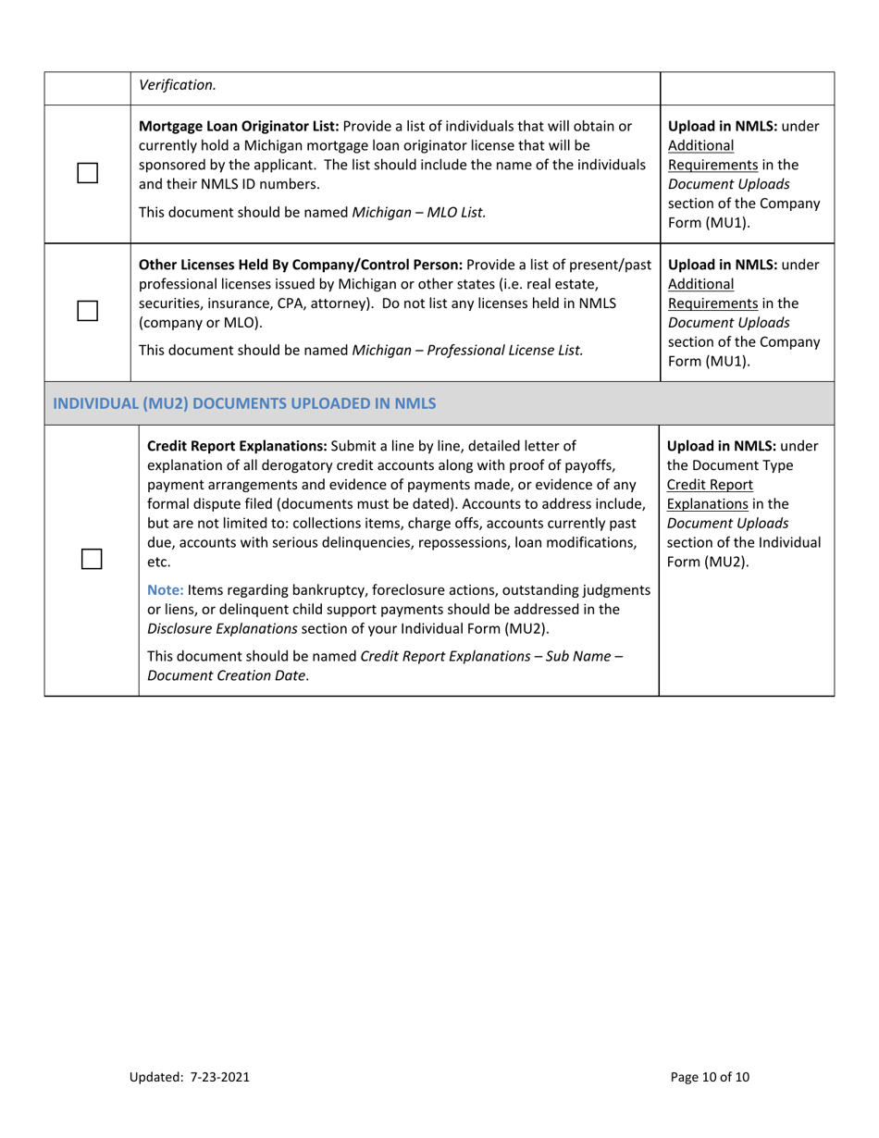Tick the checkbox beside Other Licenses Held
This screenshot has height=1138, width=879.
point(88,312)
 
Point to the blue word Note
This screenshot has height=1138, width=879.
point(165,589)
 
